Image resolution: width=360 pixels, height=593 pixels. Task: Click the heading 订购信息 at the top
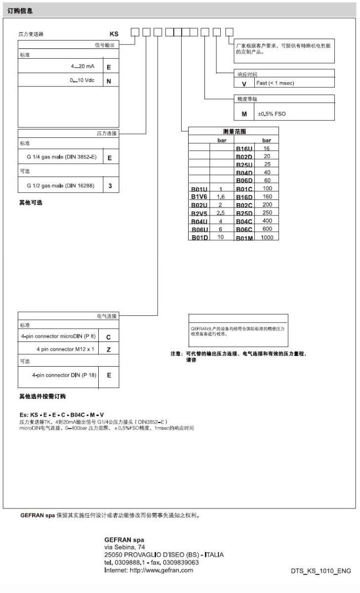20,10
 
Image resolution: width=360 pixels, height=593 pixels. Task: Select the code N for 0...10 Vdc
109,81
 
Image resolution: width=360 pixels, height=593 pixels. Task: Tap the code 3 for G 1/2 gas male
110,186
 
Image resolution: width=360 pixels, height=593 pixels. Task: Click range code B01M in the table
244,238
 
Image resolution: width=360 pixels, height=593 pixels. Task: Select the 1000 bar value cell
267,238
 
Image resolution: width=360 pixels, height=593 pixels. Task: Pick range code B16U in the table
244,149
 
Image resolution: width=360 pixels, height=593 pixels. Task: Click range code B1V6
200,197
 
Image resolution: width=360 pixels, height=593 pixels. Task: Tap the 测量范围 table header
234,131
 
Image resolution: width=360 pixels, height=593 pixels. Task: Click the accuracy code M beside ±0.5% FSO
244,114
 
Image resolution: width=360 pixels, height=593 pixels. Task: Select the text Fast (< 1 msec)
275,83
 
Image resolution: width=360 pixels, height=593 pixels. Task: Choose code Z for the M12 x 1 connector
109,349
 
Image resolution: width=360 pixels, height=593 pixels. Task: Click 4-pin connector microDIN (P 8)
58,336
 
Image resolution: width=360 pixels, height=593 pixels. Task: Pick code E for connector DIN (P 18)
109,375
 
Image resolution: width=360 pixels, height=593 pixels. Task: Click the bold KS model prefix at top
114,35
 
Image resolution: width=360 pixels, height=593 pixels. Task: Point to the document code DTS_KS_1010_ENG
321,571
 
